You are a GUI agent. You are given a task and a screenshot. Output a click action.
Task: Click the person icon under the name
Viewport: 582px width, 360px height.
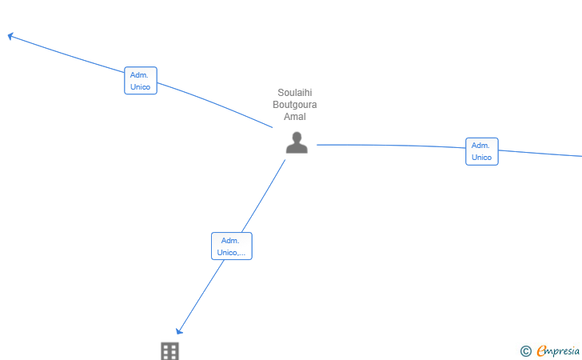pos(297,142)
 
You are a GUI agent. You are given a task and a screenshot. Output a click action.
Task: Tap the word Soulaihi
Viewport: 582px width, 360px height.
pos(295,93)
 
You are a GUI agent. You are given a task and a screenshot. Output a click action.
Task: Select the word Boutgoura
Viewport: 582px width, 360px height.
pos(295,104)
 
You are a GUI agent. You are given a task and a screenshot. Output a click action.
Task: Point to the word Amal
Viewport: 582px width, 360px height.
pos(295,116)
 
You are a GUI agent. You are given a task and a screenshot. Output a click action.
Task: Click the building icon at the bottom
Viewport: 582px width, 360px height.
pos(170,351)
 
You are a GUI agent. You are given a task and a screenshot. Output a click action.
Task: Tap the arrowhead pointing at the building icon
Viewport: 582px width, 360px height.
pos(179,331)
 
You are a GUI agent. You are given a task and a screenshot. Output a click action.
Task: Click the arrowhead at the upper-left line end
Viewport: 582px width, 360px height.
pos(10,36)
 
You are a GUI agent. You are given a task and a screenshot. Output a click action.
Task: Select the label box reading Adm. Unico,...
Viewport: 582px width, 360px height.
pos(232,246)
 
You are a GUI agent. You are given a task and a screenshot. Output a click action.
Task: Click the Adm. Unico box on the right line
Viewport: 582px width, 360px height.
pos(482,151)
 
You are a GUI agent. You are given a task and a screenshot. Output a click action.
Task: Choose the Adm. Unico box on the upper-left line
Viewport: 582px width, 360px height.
pos(141,81)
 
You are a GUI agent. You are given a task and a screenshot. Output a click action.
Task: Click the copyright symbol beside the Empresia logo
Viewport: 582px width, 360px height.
pos(525,351)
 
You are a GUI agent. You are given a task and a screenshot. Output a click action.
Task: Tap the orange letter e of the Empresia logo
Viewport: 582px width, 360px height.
pos(541,350)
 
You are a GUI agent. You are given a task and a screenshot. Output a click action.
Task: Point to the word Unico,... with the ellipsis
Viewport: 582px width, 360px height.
pos(231,252)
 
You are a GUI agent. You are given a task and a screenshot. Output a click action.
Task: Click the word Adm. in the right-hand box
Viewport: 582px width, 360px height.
pos(480,146)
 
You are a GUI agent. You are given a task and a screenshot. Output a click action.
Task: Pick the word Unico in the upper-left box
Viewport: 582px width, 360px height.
pos(141,87)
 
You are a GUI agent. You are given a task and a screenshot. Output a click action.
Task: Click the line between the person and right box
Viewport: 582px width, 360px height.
pos(391,146)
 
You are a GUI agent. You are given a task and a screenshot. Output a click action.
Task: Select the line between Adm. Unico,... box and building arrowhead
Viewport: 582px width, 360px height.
pos(201,295)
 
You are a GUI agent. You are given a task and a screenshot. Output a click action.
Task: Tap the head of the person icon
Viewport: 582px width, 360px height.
pos(297,137)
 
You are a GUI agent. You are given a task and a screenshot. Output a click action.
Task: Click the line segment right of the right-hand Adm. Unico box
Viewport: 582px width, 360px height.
pos(540,154)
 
